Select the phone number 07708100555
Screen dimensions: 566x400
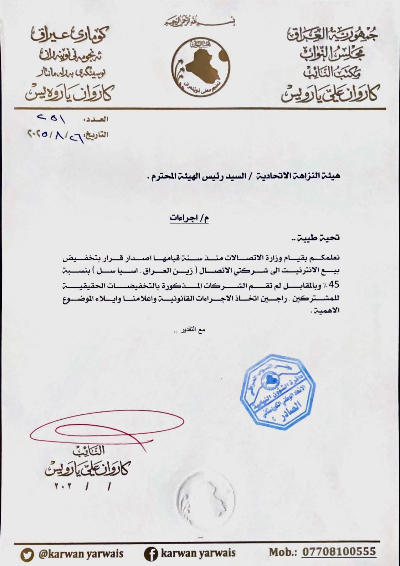click(339, 552)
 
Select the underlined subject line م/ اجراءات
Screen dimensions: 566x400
click(189, 218)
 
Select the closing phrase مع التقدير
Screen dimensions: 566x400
click(192, 330)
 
